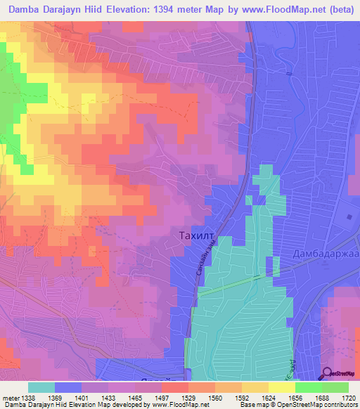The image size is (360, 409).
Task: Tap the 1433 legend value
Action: pos(108,397)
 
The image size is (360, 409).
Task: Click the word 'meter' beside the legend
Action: pos(9,397)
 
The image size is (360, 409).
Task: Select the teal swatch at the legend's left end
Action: pos(41,387)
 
